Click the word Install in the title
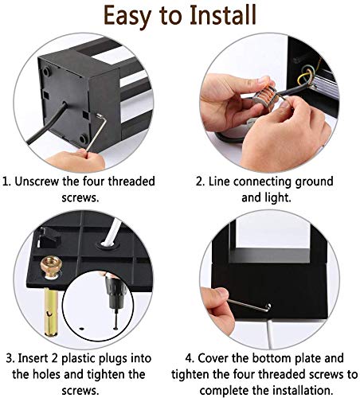coord(223,15)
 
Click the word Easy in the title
coord(127,17)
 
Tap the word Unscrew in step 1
coord(37,181)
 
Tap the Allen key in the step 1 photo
coord(96,131)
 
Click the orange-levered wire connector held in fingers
coord(266,95)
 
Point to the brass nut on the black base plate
coord(52,267)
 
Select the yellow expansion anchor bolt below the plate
coord(51,312)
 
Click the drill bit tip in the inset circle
coord(115,328)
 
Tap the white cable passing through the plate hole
coord(111,233)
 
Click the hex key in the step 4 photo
coord(249,306)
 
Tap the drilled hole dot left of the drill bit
coord(82,329)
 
